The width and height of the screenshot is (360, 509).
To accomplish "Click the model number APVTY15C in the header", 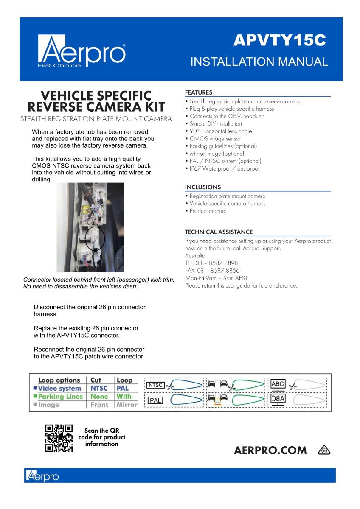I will pos(279,40).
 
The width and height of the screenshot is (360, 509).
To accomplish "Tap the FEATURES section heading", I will pos(199,92).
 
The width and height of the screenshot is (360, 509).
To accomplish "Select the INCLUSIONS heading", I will pos(203,187).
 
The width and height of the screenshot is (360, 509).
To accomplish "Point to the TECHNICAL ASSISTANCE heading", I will pos(219,232).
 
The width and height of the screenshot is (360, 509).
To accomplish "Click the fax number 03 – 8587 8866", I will pos(212,271).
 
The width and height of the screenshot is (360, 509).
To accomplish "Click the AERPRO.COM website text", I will pos(270,450).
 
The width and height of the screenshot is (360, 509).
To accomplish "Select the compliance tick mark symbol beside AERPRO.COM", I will pos(324,450).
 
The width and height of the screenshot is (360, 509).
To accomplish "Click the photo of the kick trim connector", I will pos(90,227).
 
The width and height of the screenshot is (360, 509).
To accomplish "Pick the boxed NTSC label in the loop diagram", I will pos(155,385).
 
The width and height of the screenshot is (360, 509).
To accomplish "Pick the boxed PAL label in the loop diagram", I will pos(155,400).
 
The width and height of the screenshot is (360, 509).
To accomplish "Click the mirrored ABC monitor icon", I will pos(278,400).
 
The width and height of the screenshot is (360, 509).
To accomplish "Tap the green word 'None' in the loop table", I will pos(99,397).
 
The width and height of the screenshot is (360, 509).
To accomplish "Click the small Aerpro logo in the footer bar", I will pos(42,475).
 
